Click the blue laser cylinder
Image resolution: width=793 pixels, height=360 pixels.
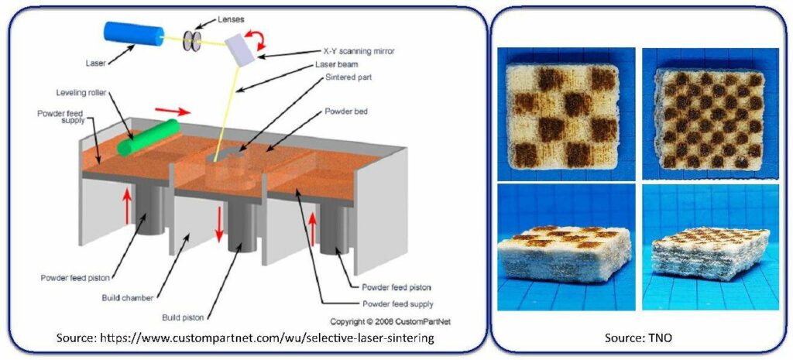[x=133, y=34]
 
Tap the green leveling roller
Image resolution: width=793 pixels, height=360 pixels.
[x=149, y=137]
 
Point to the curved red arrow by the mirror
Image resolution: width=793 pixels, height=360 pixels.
[x=256, y=39]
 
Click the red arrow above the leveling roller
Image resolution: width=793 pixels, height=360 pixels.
[x=173, y=111]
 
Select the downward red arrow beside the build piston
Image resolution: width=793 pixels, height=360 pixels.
[x=219, y=225]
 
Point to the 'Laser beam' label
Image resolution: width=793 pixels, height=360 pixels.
[x=336, y=65]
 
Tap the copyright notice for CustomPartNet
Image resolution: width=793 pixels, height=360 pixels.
[x=390, y=321]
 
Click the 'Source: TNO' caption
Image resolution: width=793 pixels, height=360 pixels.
[x=638, y=338]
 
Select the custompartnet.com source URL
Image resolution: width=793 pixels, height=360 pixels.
[x=245, y=338]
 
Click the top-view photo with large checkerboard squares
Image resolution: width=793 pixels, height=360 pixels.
[x=566, y=114]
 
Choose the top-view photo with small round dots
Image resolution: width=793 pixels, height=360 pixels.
[x=711, y=114]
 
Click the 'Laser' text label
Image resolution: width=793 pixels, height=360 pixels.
[x=96, y=63]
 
